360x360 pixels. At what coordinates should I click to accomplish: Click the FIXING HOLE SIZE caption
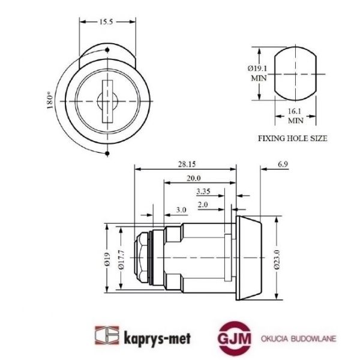[292, 137]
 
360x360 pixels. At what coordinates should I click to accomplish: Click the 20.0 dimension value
[194, 178]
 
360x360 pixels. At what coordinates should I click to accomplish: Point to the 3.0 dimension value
[181, 209]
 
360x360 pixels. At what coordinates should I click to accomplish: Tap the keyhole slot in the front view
[107, 100]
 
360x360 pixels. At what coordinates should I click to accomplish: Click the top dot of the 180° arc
[107, 49]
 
